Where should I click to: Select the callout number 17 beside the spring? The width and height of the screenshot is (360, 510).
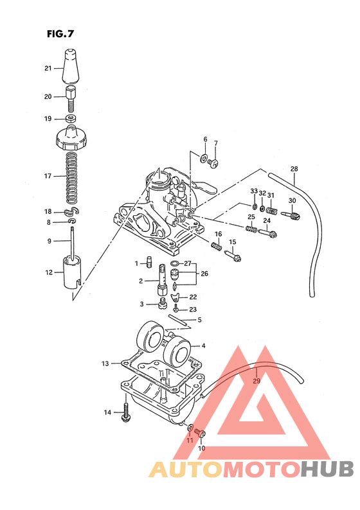pos(48,175)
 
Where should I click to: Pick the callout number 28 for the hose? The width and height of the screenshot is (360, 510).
pos(294,170)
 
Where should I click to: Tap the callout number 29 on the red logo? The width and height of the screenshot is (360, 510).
pos(256,382)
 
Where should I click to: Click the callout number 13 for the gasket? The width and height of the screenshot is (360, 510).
pos(105,364)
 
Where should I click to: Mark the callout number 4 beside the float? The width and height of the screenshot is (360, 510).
pos(203,346)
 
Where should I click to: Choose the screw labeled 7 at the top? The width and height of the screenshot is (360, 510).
pos(215,164)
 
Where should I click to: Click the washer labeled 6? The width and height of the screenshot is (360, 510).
pos(204,157)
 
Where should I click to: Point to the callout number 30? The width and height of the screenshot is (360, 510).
pos(292,200)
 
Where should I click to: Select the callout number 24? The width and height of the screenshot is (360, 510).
pos(266,221)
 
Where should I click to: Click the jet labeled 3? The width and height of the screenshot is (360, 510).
pos(163,303)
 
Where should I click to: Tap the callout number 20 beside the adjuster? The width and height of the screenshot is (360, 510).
pos(48,97)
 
